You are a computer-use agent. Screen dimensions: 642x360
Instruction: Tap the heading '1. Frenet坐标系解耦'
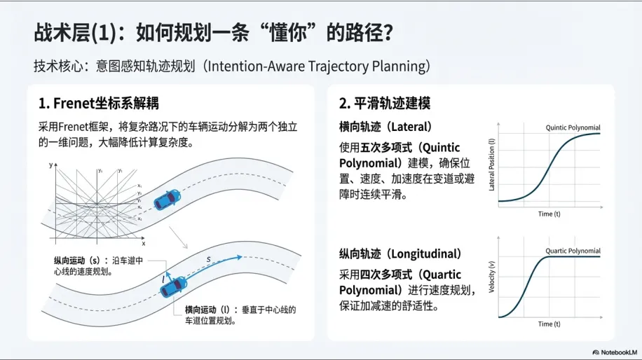(99, 104)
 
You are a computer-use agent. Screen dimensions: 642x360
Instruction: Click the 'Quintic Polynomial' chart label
(573, 127)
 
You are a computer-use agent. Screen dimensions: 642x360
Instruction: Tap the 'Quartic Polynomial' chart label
(573, 251)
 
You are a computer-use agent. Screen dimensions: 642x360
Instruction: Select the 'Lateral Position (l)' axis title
(491, 166)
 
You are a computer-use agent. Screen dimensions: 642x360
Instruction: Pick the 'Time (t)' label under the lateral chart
(549, 214)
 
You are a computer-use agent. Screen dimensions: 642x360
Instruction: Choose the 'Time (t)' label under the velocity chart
(549, 324)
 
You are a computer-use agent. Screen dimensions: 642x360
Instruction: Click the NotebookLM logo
(613, 352)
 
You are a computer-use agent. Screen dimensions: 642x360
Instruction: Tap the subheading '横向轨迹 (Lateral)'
(385, 127)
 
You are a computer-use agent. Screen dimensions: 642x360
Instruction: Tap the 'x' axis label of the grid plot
(143, 244)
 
